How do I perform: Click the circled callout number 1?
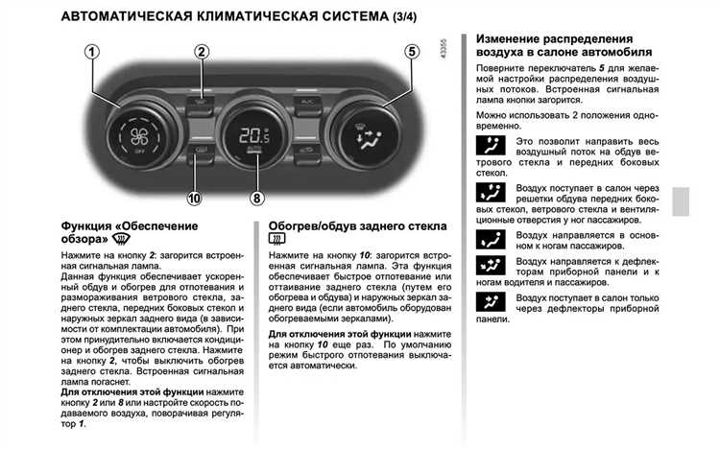(92, 52)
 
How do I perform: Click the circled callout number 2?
(202, 52)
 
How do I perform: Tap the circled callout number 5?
(413, 52)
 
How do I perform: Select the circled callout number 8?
(255, 200)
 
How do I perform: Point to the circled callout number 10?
(195, 200)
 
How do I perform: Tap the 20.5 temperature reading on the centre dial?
(254, 134)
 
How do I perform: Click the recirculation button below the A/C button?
(309, 152)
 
